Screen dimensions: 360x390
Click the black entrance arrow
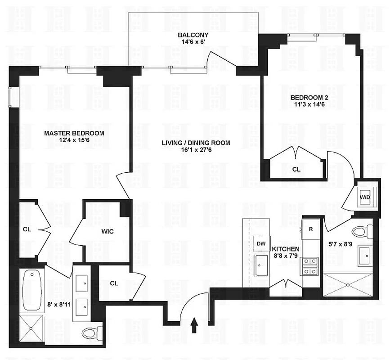click(x=195, y=324)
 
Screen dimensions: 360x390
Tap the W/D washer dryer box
click(x=364, y=197)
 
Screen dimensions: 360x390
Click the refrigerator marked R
click(x=310, y=229)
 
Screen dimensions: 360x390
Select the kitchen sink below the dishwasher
click(x=261, y=266)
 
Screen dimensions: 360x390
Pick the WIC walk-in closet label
click(x=108, y=231)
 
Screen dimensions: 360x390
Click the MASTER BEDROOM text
click(x=74, y=133)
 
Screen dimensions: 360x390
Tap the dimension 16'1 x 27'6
click(x=196, y=150)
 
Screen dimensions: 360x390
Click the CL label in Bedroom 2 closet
click(x=296, y=170)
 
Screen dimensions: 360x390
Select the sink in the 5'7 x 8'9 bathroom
click(x=364, y=256)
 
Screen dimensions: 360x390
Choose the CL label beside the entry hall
click(x=114, y=283)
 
